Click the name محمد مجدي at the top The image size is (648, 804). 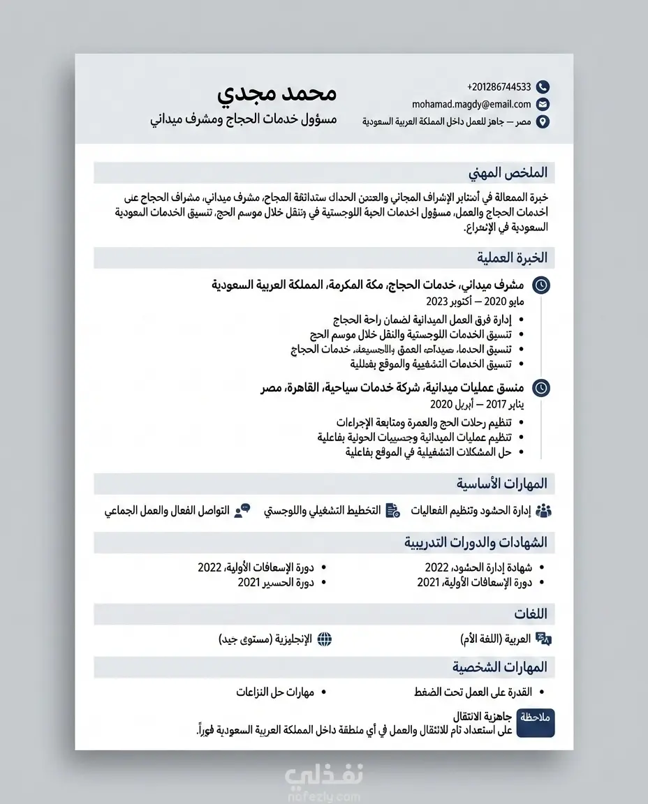[277, 94]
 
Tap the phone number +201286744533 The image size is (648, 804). [499, 87]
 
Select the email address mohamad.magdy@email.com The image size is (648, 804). [471, 104]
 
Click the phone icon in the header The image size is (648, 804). [543, 87]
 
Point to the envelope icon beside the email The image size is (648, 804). [543, 105]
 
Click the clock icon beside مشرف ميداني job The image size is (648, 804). [541, 285]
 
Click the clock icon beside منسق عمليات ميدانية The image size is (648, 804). [541, 388]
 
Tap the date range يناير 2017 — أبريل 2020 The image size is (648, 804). [476, 405]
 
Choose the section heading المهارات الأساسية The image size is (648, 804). [502, 484]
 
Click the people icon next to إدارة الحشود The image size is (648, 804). [543, 510]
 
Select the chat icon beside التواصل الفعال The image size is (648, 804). [242, 510]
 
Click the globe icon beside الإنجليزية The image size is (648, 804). [324, 639]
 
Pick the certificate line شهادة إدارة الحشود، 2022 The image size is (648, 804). [478, 567]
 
